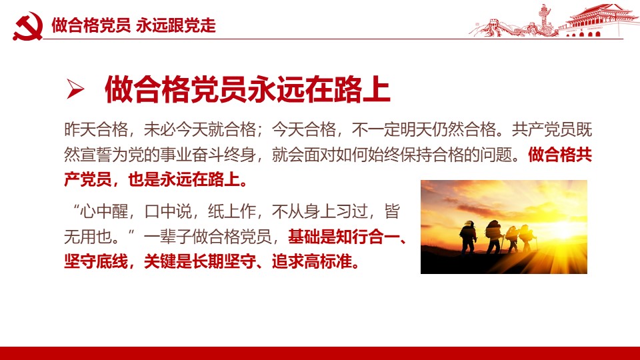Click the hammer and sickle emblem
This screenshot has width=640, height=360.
pos(28,26)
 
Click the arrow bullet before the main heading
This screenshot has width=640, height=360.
pos(75,89)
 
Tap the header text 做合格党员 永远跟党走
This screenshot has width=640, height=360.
pos(133,25)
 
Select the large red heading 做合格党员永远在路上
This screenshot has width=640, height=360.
pos(247,89)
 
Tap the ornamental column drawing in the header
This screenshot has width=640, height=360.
pos(545,19)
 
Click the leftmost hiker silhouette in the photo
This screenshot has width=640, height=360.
pos(468,237)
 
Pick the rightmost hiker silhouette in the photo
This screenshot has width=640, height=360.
pos(527,239)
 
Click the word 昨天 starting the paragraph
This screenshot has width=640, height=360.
pos(80,130)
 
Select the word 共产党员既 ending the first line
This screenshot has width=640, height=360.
pos(552,130)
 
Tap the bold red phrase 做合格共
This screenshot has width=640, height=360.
pos(560,155)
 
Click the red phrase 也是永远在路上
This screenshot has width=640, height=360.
pos(184,179)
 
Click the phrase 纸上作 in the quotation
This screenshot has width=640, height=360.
pos(232,211)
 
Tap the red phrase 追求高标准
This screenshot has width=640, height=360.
pos(312,261)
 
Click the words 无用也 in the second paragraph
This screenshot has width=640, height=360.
pos(88,237)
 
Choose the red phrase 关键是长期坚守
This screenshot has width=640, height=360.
pos(199,261)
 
